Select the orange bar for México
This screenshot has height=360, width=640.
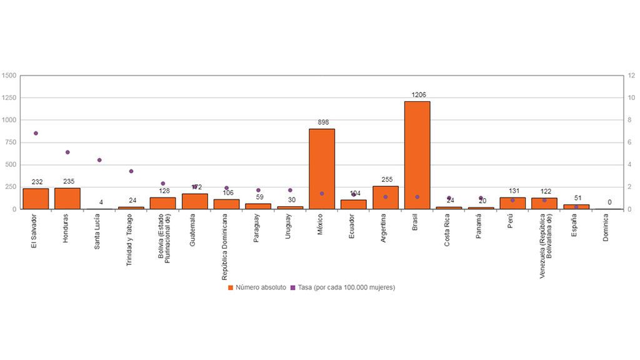pyautogui.click(x=322, y=169)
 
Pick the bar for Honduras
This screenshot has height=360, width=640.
pyautogui.click(x=67, y=198)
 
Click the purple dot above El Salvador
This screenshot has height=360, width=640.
pyautogui.click(x=36, y=133)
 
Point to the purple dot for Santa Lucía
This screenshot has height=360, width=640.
pyautogui.click(x=99, y=160)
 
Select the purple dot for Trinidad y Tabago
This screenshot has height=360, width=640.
pyautogui.click(x=131, y=171)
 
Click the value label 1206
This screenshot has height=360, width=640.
pyautogui.click(x=419, y=95)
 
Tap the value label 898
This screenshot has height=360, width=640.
pyautogui.click(x=323, y=122)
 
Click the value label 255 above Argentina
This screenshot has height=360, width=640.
pyautogui.click(x=387, y=179)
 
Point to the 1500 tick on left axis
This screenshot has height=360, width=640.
pyautogui.click(x=9, y=76)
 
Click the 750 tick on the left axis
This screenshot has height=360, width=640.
pyautogui.click(x=11, y=142)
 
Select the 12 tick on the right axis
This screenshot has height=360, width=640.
pyautogui.click(x=632, y=76)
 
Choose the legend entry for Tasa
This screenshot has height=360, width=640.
pyautogui.click(x=346, y=287)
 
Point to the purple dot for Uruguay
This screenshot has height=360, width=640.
pyautogui.click(x=290, y=190)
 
